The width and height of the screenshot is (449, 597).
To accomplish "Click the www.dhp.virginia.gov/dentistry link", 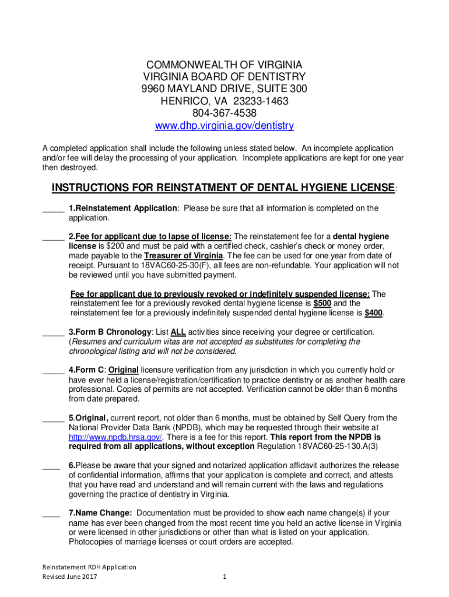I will tap(224, 125).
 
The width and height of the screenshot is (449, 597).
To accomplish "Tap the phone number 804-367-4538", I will tap(224, 113).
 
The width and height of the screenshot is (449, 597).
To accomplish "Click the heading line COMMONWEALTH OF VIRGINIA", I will tap(224, 65).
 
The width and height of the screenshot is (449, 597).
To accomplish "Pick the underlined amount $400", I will tap(374, 313).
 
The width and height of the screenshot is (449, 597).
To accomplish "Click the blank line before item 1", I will tap(53, 209).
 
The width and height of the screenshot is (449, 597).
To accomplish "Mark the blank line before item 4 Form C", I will tap(53, 370).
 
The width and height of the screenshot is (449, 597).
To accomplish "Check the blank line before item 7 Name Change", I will tap(51, 514).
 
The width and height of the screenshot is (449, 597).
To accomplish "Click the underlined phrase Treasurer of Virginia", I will tap(184, 256).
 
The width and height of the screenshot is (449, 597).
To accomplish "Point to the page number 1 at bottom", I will tap(224, 577).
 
